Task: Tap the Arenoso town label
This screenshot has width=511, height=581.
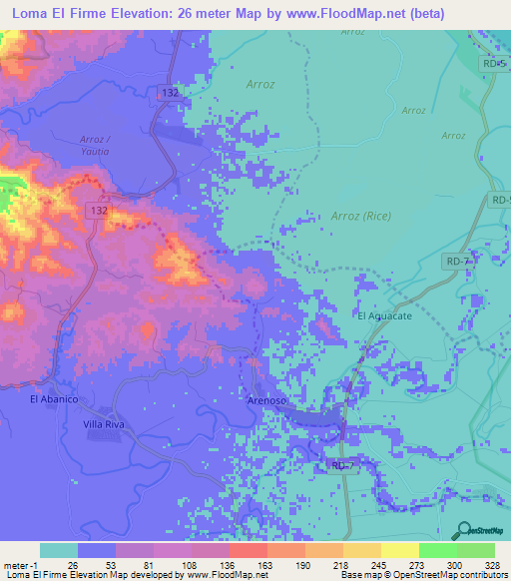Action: [x=266, y=399]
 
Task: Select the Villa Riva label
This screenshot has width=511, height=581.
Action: [x=102, y=424]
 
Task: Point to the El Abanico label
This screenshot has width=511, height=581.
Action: [x=54, y=399]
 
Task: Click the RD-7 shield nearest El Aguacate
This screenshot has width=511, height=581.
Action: [x=456, y=261]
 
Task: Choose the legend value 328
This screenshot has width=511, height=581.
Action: [x=493, y=564]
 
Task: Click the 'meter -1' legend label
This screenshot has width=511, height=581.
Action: [x=19, y=564]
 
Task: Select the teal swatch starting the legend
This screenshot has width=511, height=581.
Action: [x=58, y=550]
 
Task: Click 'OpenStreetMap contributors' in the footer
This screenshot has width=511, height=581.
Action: [x=453, y=575]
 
